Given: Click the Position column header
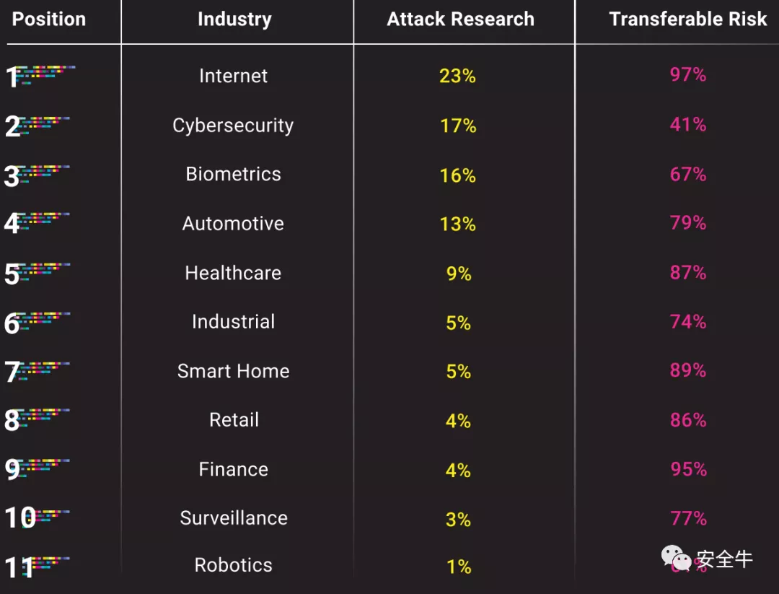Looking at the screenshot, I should click(49, 19).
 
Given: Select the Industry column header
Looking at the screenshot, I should click(234, 19).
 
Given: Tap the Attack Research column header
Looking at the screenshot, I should click(460, 19).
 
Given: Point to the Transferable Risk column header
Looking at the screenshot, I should click(687, 19).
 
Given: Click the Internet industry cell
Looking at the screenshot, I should click(233, 76).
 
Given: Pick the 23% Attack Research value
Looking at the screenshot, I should click(457, 76).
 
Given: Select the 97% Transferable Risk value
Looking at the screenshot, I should click(687, 74).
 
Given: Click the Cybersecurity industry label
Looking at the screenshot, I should click(233, 126).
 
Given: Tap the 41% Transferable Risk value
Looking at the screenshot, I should click(687, 125).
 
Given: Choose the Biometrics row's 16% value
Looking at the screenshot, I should click(457, 175).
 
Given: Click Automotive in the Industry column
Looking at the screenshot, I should click(233, 224).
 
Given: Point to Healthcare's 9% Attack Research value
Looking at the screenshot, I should click(459, 274).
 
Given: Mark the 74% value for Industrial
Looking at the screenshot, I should click(687, 322).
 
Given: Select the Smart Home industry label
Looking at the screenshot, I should click(233, 371).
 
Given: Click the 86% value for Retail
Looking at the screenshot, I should click(687, 420).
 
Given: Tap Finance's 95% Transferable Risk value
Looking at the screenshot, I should click(687, 469).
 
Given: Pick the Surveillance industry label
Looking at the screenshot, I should click(233, 518).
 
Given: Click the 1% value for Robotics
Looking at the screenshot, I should click(459, 567).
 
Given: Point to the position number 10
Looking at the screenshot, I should click(20, 517).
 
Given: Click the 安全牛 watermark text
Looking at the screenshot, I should click(724, 559).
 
